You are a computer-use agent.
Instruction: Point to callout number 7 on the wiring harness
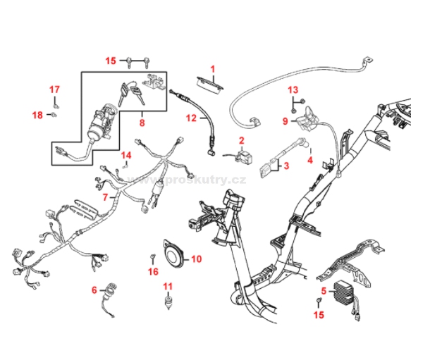coord(105,198)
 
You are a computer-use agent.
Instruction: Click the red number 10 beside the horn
coord(197,259)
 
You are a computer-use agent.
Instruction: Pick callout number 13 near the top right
coord(293,89)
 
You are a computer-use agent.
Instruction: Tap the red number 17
coord(54,89)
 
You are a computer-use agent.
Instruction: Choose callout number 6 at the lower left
coord(94,290)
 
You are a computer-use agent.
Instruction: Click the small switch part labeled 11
coord(168,304)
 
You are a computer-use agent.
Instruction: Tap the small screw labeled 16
coord(153,255)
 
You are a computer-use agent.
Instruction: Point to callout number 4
coord(309,159)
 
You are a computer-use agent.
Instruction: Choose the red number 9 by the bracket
coord(285,121)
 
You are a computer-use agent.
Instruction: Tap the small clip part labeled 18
coord(54,114)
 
